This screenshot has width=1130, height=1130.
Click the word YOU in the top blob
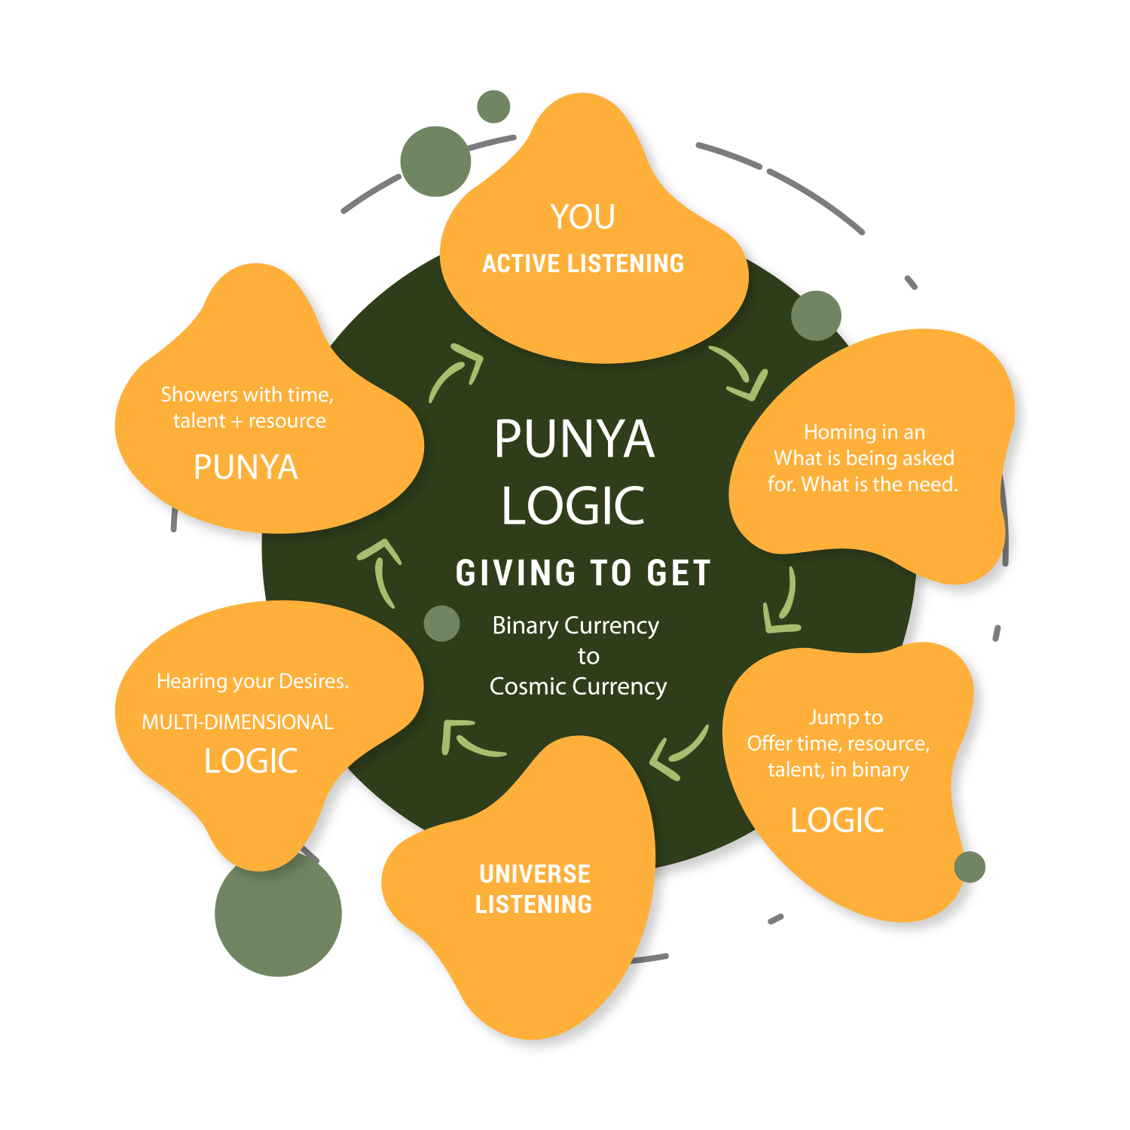coord(582,217)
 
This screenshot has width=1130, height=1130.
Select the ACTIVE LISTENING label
coord(583,264)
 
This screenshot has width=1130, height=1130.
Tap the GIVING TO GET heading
coord(583,573)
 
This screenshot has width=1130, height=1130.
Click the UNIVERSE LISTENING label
coord(534,889)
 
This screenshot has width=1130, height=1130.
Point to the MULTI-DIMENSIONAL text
coord(237,722)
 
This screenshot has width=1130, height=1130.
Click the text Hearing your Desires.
coord(252,681)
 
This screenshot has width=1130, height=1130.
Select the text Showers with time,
coord(247,395)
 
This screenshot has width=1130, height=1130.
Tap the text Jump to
coord(845,717)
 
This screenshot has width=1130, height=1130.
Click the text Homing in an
coord(864,432)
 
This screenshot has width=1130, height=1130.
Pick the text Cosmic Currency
coord(578,686)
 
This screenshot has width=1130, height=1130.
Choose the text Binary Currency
coord(576,625)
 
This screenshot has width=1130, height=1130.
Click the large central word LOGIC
coord(573,505)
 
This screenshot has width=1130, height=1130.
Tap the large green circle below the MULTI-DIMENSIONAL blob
coord(278,913)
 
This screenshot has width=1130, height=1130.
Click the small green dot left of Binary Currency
coord(441,624)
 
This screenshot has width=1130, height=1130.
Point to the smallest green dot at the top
coord(493,106)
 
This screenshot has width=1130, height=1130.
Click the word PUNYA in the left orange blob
coord(246,467)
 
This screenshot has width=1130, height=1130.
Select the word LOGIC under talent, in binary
coord(837,820)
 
